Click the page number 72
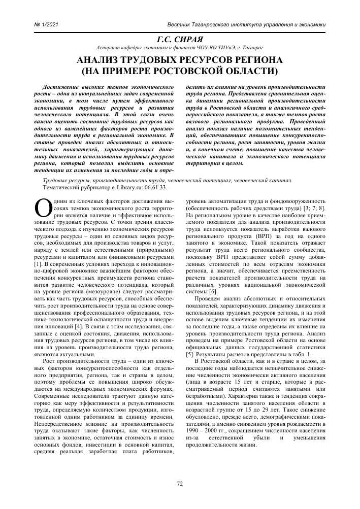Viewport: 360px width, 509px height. (180, 484)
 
